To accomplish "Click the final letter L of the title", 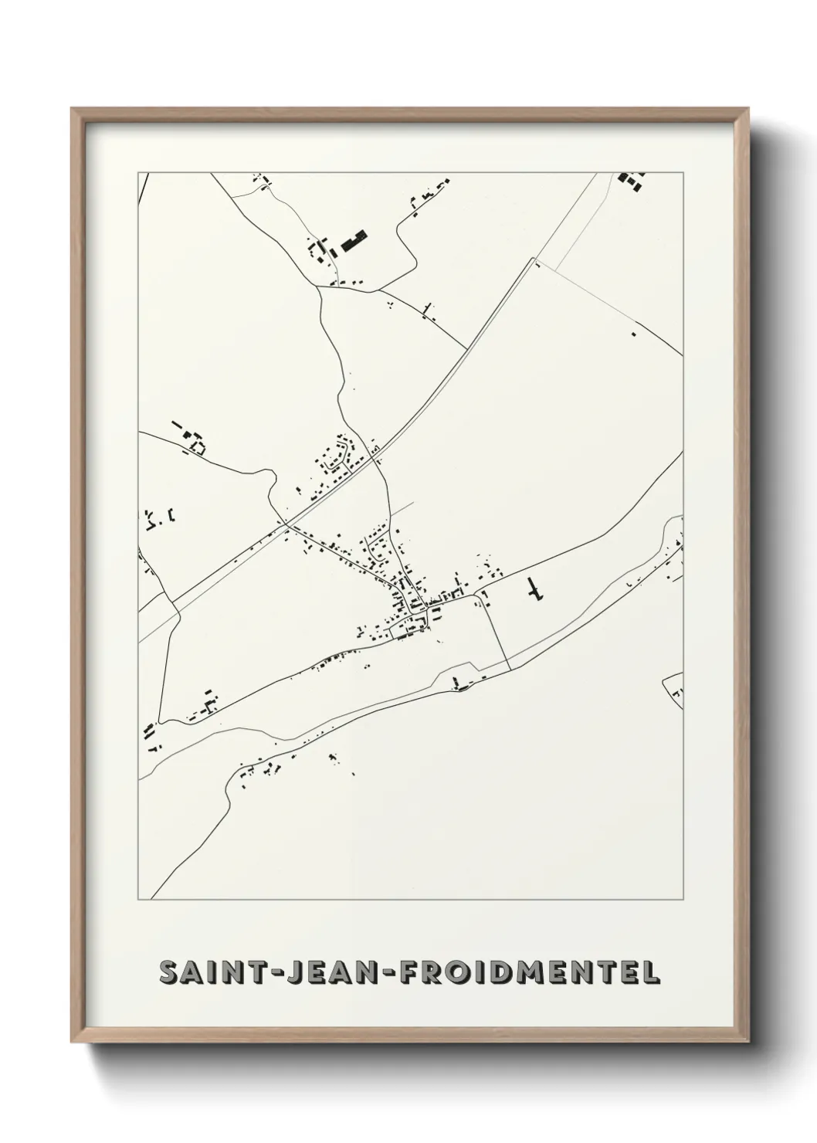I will (x=651, y=972).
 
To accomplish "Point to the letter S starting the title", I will (x=168, y=972).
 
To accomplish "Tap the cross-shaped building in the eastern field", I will (x=534, y=590).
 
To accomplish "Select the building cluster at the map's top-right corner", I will (x=632, y=182).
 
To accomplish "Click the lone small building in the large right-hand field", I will (x=633, y=334).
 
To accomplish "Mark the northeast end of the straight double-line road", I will (x=534, y=263).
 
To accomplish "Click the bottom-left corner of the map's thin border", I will (x=139, y=899).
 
